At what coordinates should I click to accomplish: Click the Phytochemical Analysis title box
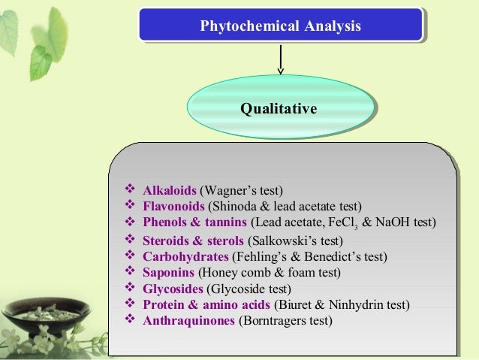coord(280,26)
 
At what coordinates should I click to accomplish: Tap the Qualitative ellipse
coord(279,110)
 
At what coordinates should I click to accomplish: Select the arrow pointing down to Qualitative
coord(281,60)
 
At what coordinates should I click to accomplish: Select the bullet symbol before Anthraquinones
coord(127,321)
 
